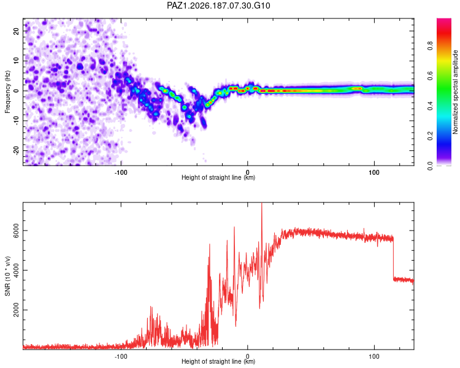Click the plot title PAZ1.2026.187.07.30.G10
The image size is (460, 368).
tap(218, 6)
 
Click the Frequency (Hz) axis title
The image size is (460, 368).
tap(7, 92)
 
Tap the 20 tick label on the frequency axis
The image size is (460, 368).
tap(16, 31)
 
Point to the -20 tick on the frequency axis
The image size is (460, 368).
tap(16, 150)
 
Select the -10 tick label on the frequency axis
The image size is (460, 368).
tap(16, 121)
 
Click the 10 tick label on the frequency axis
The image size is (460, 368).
tap(16, 61)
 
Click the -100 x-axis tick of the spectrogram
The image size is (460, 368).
tap(121, 172)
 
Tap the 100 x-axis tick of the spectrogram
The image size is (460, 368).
tap(374, 172)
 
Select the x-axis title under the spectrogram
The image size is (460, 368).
tap(218, 177)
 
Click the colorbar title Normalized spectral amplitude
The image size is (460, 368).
tap(455, 92)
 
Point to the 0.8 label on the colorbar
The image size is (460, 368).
tap(430, 46)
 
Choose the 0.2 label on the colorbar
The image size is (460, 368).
tap(430, 136)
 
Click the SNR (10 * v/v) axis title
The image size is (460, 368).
tap(7, 276)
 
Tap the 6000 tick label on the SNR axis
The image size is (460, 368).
tap(16, 231)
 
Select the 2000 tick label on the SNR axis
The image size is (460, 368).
tap(16, 310)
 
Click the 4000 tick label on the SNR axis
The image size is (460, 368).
tap(16, 270)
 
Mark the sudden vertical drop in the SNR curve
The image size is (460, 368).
tap(393, 259)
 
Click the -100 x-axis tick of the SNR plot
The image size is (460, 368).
tap(121, 356)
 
